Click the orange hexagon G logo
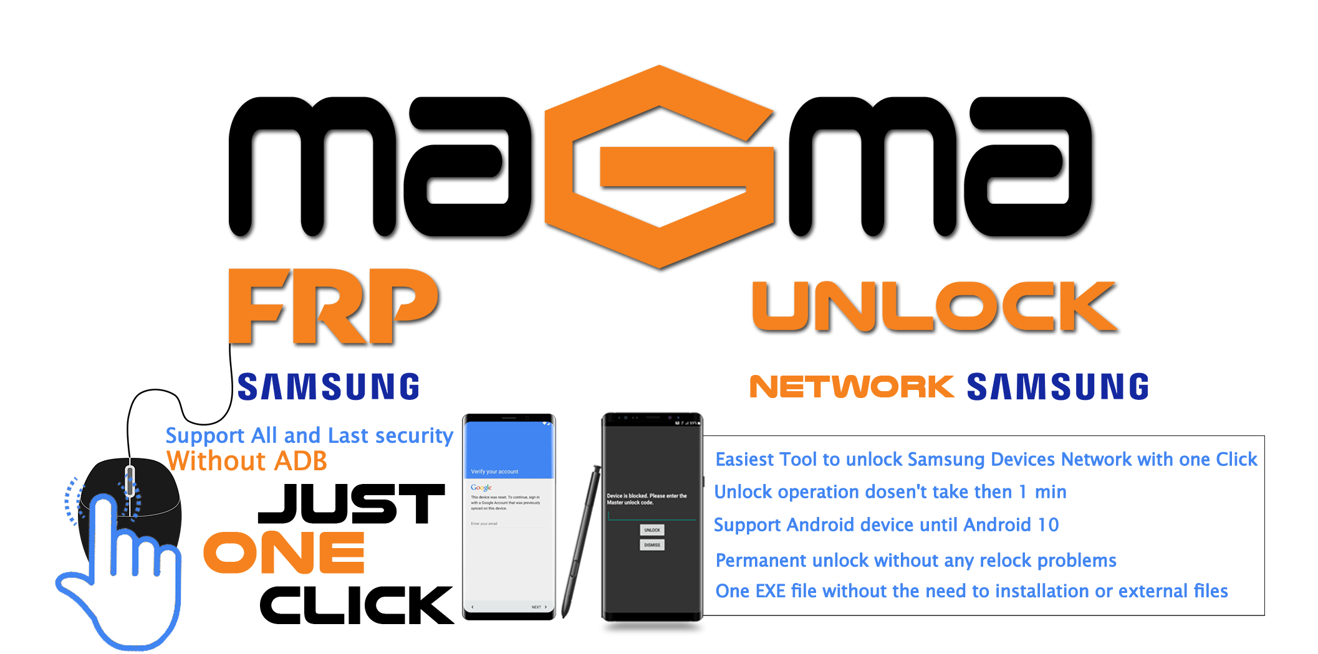tap(660, 167)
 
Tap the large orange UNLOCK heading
tap(935, 306)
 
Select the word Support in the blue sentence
tap(205, 435)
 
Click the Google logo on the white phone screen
tap(481, 488)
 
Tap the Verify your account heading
tap(494, 472)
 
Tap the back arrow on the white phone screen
tap(473, 607)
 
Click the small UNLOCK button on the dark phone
tap(652, 530)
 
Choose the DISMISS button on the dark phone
tap(652, 545)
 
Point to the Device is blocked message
tap(647, 499)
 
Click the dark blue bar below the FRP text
tap(328, 386)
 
